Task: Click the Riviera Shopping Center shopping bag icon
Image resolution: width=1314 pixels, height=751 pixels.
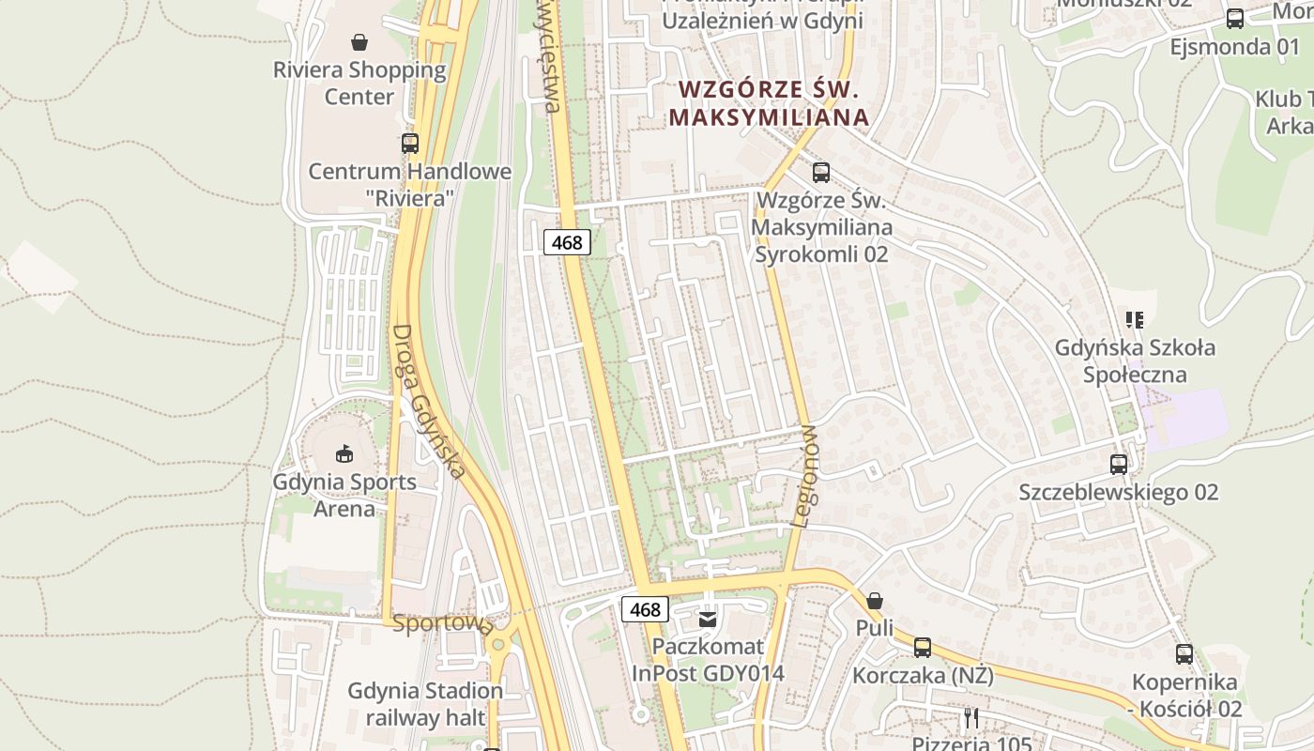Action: pyautogui.click(x=359, y=41)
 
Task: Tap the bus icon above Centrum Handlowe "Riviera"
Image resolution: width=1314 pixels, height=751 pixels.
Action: pyautogui.click(x=410, y=144)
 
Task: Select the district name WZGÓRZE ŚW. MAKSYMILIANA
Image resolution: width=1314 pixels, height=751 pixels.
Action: pyautogui.click(x=771, y=103)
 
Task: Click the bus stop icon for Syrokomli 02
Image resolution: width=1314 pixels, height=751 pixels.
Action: pyautogui.click(x=821, y=172)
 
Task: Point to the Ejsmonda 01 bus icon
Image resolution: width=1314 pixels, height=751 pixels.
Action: pyautogui.click(x=1235, y=18)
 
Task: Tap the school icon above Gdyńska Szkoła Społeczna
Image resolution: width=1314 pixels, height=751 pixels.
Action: pyautogui.click(x=1135, y=320)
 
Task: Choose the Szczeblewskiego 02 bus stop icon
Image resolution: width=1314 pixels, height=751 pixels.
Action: pyautogui.click(x=1119, y=464)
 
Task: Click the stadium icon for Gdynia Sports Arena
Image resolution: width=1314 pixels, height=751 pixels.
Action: pyautogui.click(x=344, y=454)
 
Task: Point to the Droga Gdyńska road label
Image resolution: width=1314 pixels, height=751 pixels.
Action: pyautogui.click(x=428, y=402)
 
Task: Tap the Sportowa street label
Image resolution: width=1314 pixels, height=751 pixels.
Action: pyautogui.click(x=442, y=623)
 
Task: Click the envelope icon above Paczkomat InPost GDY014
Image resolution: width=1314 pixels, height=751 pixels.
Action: pyautogui.click(x=708, y=619)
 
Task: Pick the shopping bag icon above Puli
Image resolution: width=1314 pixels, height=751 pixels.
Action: pyautogui.click(x=875, y=600)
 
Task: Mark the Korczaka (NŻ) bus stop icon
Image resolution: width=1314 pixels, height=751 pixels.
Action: pyautogui.click(x=923, y=647)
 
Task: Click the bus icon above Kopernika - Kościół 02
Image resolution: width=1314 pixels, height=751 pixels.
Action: pyautogui.click(x=1184, y=654)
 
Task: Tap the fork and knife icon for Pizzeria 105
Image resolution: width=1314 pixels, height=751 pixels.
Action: pyautogui.click(x=971, y=718)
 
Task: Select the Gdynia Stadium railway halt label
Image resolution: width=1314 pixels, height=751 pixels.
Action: pyautogui.click(x=425, y=704)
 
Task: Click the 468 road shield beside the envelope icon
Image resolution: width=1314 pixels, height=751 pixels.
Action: pyautogui.click(x=645, y=609)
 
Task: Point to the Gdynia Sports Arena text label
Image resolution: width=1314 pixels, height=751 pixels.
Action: pyautogui.click(x=344, y=496)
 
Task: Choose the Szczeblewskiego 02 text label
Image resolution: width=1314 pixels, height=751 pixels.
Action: pyautogui.click(x=1119, y=492)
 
